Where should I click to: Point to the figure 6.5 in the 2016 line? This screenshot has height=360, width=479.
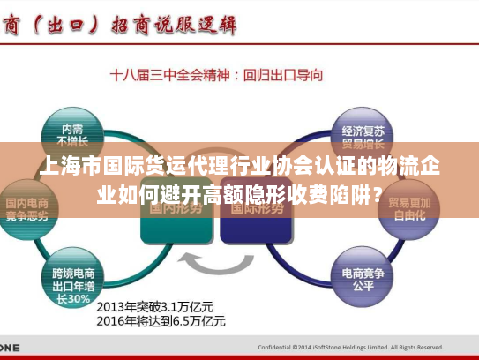[x=187, y=321]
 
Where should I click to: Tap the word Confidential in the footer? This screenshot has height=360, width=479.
[x=277, y=348]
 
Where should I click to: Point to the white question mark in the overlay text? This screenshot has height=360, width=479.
[x=377, y=191]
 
